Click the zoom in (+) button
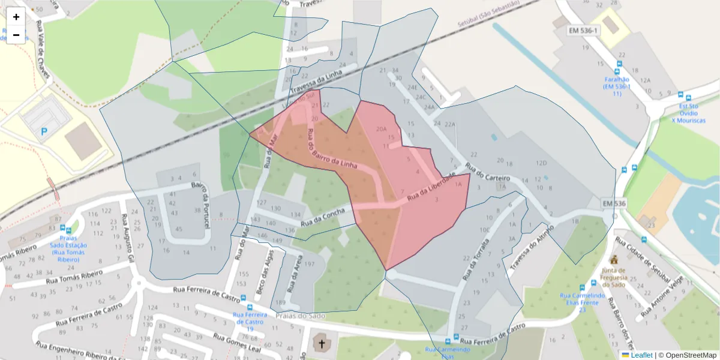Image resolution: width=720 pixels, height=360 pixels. tap(16, 17)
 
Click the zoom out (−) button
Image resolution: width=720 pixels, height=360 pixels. tap(16, 35)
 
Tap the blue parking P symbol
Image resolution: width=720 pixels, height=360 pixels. tap(44, 131)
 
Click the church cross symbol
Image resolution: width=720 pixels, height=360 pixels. tap(322, 344)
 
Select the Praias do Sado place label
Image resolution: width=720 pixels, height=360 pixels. tap(300, 316)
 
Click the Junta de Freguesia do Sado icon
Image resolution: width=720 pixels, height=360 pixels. tap(613, 260)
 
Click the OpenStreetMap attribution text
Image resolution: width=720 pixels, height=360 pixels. tap(687, 355)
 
